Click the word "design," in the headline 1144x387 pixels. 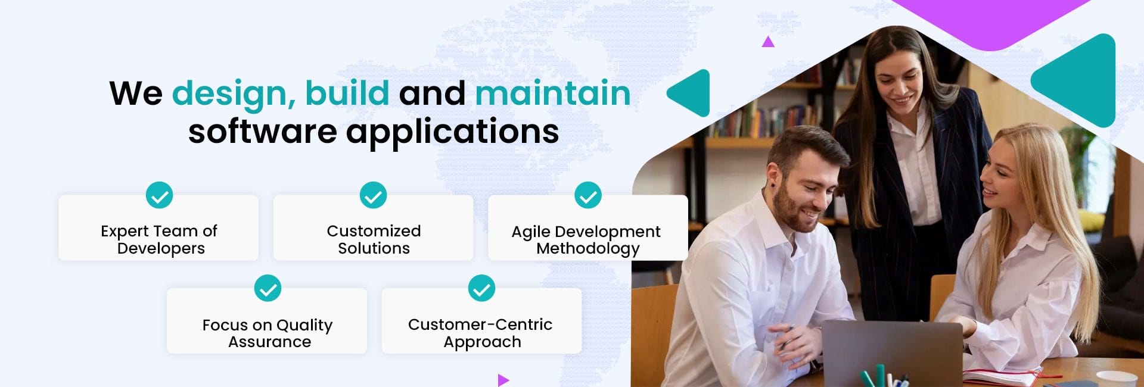click(234, 94)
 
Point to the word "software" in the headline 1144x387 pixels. click(262, 131)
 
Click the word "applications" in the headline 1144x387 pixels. click(453, 132)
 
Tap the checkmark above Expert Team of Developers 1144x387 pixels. click(160, 195)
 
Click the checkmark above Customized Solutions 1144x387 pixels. click(374, 195)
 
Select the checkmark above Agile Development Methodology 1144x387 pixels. click(588, 195)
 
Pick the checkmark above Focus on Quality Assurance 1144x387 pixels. click(268, 288)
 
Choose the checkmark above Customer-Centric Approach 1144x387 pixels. click(481, 288)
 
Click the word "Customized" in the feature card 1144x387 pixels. click(374, 231)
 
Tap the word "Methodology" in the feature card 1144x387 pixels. click(588, 249)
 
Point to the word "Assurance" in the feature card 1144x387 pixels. click(269, 342)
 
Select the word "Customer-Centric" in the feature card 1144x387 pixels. click(480, 324)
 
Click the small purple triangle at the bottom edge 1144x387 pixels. click(503, 380)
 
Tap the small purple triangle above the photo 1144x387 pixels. click(768, 42)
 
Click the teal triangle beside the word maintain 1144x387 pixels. click(691, 93)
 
